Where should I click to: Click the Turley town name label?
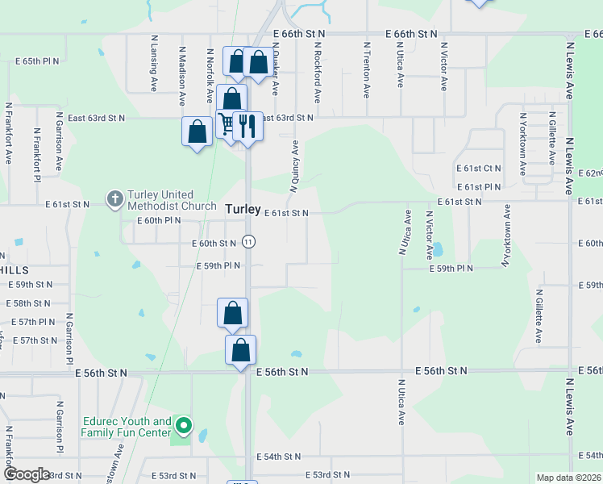click(x=243, y=209)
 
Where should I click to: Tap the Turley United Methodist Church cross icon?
click(x=114, y=198)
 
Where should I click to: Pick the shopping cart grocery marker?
click(x=227, y=124)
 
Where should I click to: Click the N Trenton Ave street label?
click(x=366, y=70)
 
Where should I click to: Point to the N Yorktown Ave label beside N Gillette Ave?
click(x=522, y=144)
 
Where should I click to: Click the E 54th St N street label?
click(x=279, y=457)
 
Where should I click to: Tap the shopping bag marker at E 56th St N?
click(x=240, y=350)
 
